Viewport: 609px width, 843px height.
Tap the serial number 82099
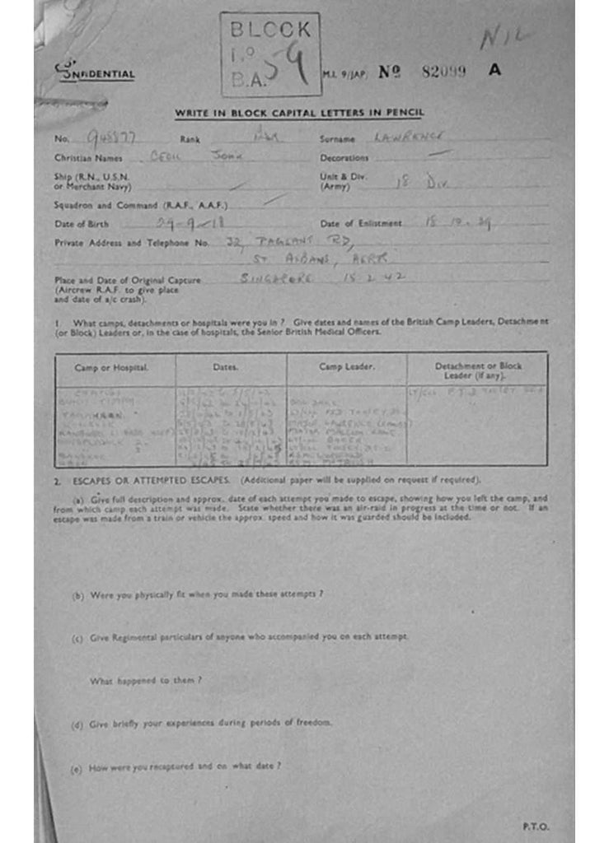(443, 72)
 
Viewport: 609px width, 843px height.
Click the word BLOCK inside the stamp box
(270, 30)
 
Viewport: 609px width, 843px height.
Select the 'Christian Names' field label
(88, 158)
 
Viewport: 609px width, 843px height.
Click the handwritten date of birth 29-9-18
(190, 222)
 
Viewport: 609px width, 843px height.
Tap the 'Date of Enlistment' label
(361, 223)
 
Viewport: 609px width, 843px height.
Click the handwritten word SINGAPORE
(276, 278)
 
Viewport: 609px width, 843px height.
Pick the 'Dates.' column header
(225, 367)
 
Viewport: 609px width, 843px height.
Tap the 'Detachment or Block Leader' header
(478, 370)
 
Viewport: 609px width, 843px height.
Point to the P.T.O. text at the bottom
(535, 827)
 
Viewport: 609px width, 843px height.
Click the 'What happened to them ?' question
(146, 681)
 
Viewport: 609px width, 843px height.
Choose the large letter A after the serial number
(494, 71)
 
